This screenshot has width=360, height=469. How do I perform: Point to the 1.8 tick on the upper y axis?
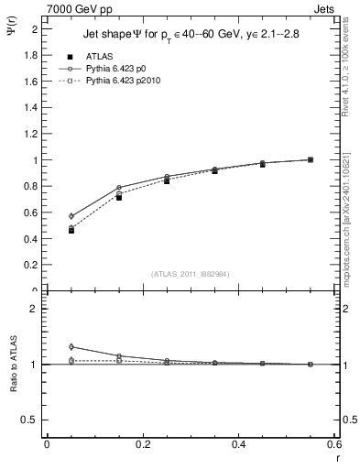pos(34,55)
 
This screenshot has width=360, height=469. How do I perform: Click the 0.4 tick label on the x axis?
pos(238,446)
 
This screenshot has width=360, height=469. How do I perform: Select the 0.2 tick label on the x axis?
pos(142,446)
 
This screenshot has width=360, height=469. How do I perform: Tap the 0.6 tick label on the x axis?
pos(334,446)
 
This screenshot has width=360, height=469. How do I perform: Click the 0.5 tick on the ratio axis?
pos(32,420)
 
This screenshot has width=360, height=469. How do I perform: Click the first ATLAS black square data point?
pos(46,230)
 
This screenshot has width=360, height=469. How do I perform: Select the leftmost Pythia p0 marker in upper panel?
pos(46,216)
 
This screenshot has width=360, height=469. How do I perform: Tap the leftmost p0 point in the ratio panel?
pos(46,346)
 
